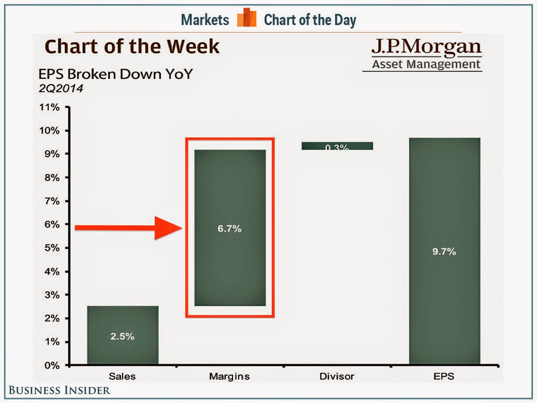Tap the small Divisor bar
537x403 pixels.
tap(337, 146)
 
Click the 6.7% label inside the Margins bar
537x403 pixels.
tap(230, 228)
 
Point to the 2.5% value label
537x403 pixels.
tap(123, 336)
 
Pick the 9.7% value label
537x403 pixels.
tap(444, 252)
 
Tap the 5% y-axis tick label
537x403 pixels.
tap(52, 248)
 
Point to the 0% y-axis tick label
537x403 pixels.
tap(52, 365)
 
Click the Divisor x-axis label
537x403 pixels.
tap(337, 376)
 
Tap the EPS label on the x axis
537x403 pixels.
tap(444, 376)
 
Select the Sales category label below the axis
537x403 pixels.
tap(123, 376)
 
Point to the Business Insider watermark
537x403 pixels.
tap(59, 390)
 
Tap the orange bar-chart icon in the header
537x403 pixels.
tap(246, 19)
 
